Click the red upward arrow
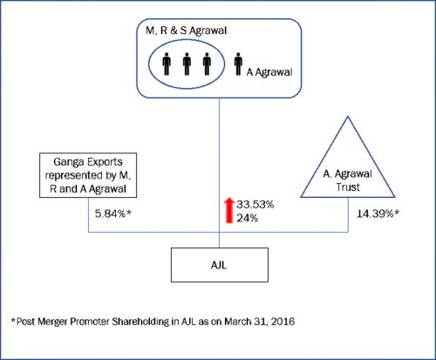pyautogui.click(x=229, y=210)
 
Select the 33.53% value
pyautogui.click(x=255, y=205)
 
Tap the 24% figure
pyautogui.click(x=247, y=218)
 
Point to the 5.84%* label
pyautogui.click(x=113, y=214)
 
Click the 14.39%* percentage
pyautogui.click(x=378, y=214)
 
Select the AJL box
pyautogui.click(x=220, y=265)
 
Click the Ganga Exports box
pyautogui.click(x=88, y=175)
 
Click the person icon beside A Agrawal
pyautogui.click(x=238, y=64)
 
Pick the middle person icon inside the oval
pyautogui.click(x=187, y=64)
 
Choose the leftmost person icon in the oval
pyautogui.click(x=167, y=64)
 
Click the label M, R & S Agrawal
pyautogui.click(x=186, y=31)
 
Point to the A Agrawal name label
pyautogui.click(x=269, y=72)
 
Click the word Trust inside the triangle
pyautogui.click(x=348, y=187)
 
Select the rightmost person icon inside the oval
pyautogui.click(x=207, y=64)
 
